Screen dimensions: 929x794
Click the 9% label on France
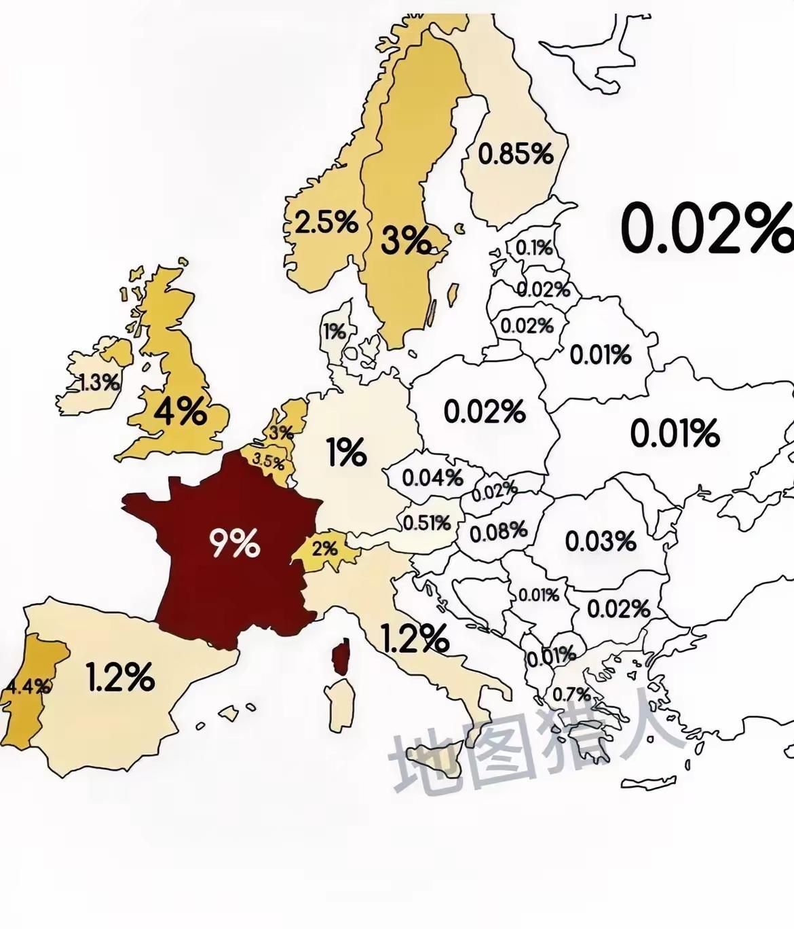[234, 544]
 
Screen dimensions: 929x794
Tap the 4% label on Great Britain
[180, 411]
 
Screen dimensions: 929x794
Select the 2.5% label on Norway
[326, 222]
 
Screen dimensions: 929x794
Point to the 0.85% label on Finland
[516, 154]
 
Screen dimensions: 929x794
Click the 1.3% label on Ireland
[98, 382]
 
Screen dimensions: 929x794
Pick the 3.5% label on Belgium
[268, 461]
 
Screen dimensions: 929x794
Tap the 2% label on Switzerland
[325, 547]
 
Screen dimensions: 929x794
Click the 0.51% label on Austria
[427, 523]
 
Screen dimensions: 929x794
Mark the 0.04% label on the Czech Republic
[432, 477]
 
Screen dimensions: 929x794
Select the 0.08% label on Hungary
[498, 531]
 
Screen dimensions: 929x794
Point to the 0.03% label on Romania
[601, 541]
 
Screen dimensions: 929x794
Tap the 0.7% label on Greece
[571, 695]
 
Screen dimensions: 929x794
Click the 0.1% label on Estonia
[534, 248]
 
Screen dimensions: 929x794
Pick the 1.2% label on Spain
[120, 677]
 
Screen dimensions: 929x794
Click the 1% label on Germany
[346, 453]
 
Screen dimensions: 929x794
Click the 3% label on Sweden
[405, 240]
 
